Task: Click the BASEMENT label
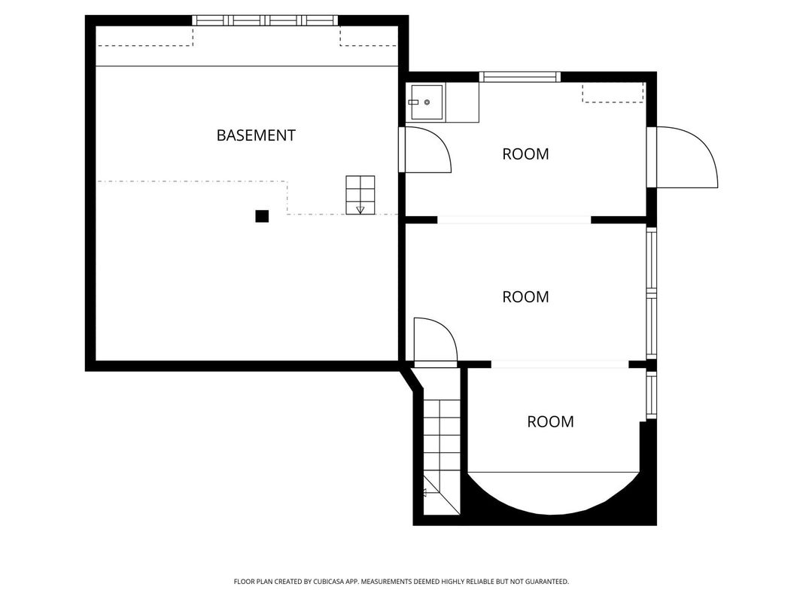coord(256,135)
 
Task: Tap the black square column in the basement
coord(262,216)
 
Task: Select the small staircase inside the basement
coord(360,195)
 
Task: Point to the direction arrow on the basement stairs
coord(360,210)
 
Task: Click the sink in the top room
coord(427,102)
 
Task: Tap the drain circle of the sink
coord(427,102)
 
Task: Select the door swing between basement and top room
coord(425,150)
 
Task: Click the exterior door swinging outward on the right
coord(683,157)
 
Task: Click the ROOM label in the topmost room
coord(525,154)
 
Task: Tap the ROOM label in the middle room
coord(525,297)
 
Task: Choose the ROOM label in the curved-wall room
coord(551,422)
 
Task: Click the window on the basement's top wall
coord(265,20)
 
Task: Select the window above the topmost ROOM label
coord(520,77)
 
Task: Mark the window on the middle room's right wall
coord(652,293)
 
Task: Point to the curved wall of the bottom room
coord(553,513)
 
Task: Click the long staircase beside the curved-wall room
coord(442,457)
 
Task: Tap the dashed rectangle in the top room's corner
coord(613,93)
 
